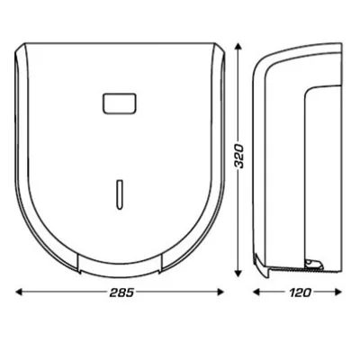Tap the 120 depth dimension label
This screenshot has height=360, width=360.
point(297,294)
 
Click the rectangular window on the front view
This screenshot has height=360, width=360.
point(119,104)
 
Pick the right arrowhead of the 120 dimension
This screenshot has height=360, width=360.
point(339,292)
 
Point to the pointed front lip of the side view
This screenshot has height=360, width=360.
point(256,270)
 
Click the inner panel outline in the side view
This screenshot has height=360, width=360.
point(310,162)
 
